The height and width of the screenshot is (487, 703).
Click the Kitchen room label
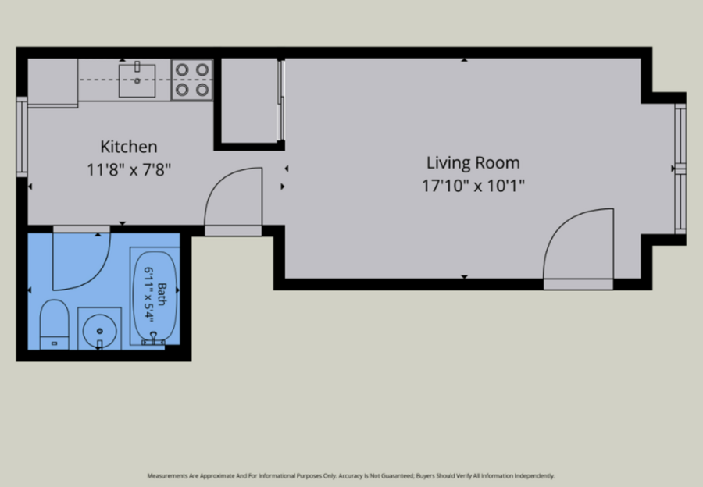coord(129,147)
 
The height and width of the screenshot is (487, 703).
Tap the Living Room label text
coord(473,162)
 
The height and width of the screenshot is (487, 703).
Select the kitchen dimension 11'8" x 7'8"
coord(129,170)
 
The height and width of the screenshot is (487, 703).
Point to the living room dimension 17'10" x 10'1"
coord(473,186)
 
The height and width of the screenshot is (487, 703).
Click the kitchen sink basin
coord(137,80)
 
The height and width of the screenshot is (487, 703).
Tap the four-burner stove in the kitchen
coord(192,80)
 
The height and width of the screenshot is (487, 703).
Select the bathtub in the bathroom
coord(155,296)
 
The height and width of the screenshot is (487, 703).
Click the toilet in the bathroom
coord(54,325)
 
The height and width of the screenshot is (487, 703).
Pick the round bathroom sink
coord(99,331)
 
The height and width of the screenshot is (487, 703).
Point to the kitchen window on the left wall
coord(22,137)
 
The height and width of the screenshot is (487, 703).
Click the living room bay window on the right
coord(680,169)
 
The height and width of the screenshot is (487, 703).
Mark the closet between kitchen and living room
coord(250,101)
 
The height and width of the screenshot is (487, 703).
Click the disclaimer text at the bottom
coord(351,476)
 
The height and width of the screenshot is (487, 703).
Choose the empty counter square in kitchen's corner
coord(53,81)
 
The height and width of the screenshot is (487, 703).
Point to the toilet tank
coord(54,343)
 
